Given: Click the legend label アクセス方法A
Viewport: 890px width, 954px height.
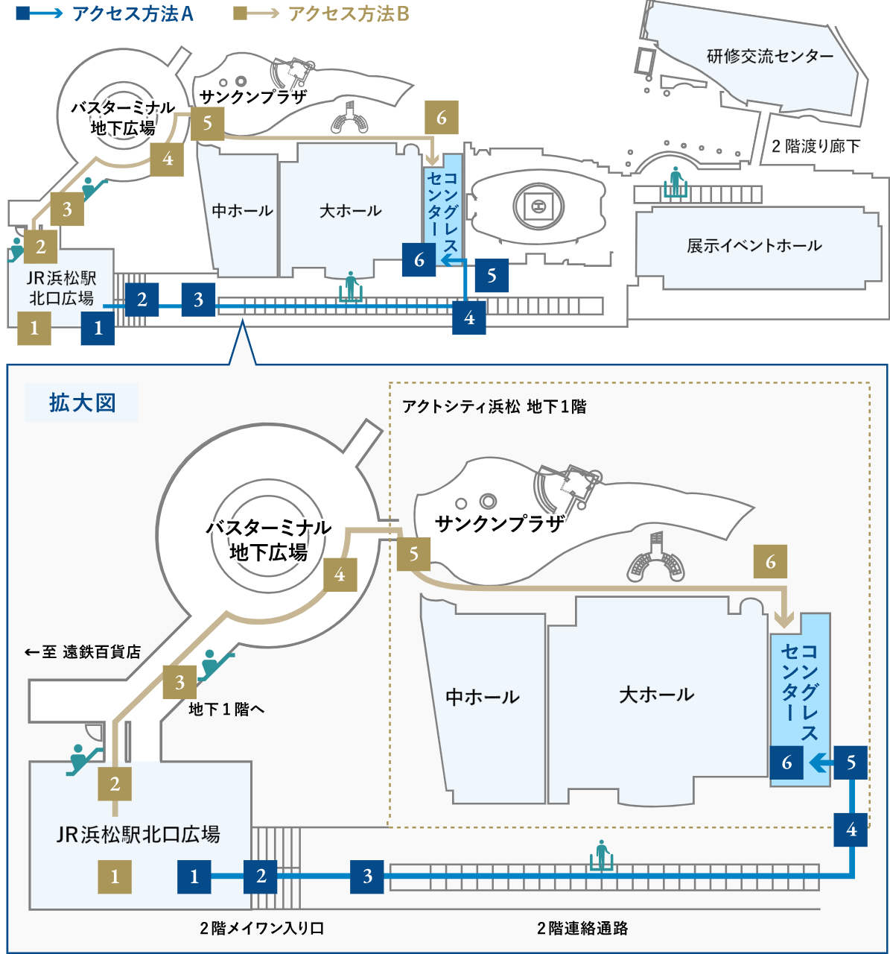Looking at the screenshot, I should coord(133,13).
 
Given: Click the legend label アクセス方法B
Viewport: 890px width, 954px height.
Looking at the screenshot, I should coord(349,13).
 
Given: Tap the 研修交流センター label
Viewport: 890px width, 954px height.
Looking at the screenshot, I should coord(769,56).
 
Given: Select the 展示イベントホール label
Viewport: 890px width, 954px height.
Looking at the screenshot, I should coord(754,245).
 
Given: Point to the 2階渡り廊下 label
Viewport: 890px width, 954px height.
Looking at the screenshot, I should coord(816,146).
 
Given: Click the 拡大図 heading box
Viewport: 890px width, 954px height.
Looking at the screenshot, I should coord(82,403).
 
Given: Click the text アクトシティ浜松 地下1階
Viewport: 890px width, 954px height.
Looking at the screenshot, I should coord(494,407).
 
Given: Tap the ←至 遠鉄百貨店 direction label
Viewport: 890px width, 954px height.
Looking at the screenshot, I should coord(83,652).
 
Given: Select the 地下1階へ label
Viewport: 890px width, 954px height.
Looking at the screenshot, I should coord(226,709).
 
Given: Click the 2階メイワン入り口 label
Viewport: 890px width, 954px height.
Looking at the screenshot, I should coord(261,928).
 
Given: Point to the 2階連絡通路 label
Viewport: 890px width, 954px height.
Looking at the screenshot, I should coord(582,928).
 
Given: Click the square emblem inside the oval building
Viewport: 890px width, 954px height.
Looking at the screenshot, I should coord(538,205).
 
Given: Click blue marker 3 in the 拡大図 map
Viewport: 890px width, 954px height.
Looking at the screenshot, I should coord(367,876).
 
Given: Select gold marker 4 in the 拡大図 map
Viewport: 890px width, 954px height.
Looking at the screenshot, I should coord(340,575).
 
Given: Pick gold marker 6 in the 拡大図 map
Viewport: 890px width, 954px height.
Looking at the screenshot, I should coord(770,562).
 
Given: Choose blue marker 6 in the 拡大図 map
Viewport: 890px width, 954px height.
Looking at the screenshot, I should coord(786,762).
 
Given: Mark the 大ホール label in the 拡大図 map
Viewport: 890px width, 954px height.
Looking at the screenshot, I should coord(656,695).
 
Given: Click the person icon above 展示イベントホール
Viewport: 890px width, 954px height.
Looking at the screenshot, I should coord(676,182).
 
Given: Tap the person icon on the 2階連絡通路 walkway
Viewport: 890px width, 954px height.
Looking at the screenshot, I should coord(603,854).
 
